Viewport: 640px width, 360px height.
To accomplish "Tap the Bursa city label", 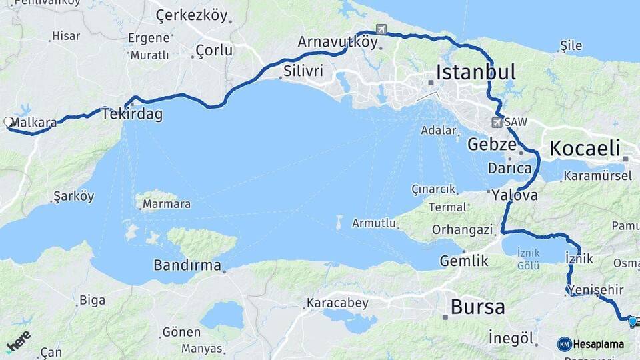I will [477, 307].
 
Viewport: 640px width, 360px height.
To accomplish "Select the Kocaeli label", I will [585, 149].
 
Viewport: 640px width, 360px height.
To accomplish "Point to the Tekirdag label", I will [132, 114].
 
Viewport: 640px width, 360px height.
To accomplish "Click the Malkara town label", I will [34, 123].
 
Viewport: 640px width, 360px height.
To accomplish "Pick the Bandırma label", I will [187, 265].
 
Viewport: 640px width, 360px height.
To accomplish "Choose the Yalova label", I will [515, 196].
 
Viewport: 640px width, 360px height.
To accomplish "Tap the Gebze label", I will [492, 144].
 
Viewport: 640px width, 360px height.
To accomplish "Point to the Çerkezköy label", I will [191, 15].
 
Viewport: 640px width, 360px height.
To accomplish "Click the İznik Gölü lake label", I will [529, 258].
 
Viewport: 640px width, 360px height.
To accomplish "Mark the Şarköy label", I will [74, 197].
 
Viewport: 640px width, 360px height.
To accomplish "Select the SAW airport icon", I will [497, 123].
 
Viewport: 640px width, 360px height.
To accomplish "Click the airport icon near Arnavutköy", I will [381, 29].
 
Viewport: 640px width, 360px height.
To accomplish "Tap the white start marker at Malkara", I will [9, 122].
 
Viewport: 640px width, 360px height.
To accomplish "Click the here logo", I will [18, 341].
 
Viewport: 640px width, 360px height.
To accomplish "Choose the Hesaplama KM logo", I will [591, 344].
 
